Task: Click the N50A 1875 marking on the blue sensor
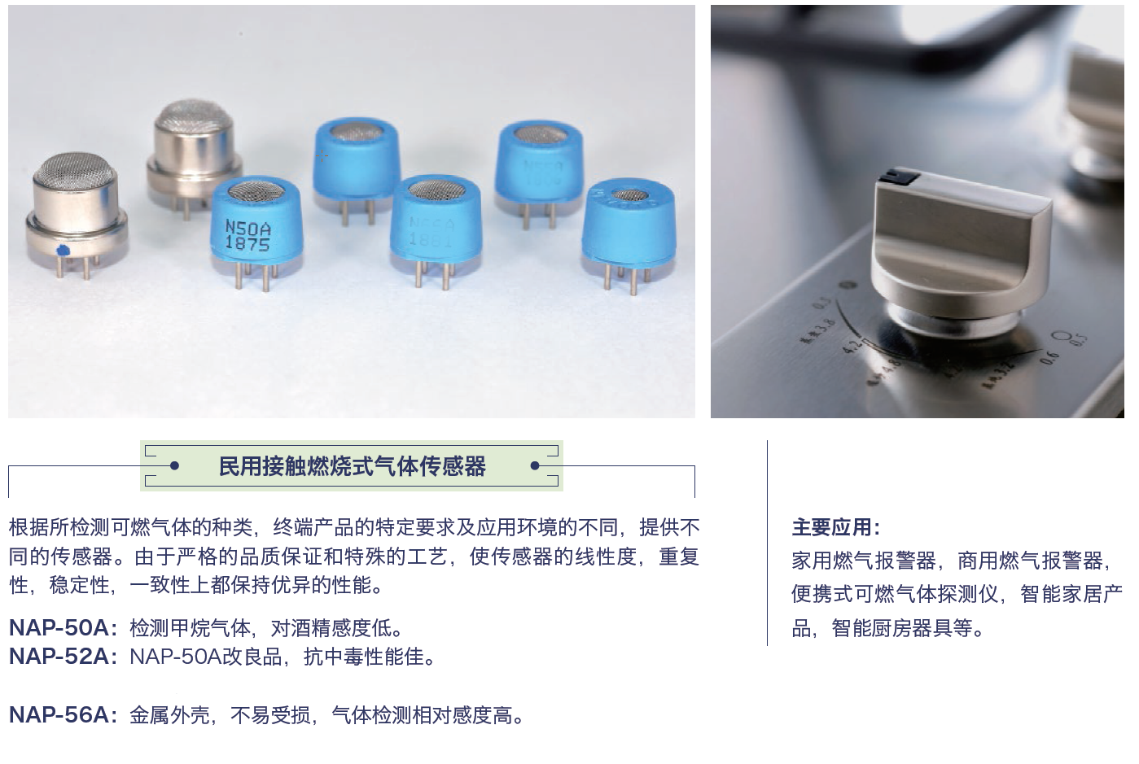coord(248,234)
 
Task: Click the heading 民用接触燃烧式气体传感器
coord(352,466)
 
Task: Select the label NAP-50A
coord(59,628)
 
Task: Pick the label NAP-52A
coord(59,657)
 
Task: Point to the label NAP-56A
coord(59,715)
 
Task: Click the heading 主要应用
coord(835,527)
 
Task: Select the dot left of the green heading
coord(173,466)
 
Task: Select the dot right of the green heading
coord(535,466)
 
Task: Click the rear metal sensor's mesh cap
coord(193,116)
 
